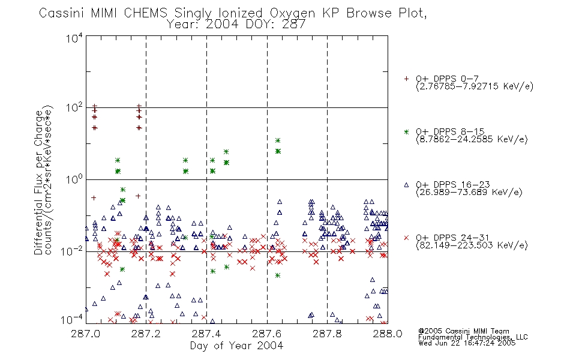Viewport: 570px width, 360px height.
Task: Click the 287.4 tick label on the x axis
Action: [206, 334]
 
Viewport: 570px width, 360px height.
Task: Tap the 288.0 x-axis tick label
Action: [388, 334]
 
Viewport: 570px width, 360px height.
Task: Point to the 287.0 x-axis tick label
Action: [86, 334]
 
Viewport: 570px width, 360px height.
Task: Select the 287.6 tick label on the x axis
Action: [267, 334]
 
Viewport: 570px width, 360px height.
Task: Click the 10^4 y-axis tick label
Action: [74, 38]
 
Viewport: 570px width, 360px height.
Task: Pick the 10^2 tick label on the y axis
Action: [74, 108]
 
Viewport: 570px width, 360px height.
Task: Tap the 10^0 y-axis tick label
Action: [74, 179]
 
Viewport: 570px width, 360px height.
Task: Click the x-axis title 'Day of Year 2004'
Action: [236, 346]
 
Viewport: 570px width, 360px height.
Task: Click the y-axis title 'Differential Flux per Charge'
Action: [38, 182]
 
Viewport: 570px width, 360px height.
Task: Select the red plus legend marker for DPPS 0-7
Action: [406, 79]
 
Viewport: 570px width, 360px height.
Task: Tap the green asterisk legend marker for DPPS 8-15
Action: [406, 132]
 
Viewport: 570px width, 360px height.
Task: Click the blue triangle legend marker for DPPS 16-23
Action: [406, 185]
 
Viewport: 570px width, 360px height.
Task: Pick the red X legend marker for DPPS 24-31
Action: [406, 238]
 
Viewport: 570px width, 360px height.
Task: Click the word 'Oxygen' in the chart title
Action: [292, 13]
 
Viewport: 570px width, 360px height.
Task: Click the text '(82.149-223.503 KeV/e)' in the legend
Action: [472, 245]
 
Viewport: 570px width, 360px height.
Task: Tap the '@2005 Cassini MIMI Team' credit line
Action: [464, 331]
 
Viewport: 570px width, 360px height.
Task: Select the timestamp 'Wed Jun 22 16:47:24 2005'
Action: [467, 343]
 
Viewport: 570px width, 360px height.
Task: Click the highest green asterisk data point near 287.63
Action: [278, 140]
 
